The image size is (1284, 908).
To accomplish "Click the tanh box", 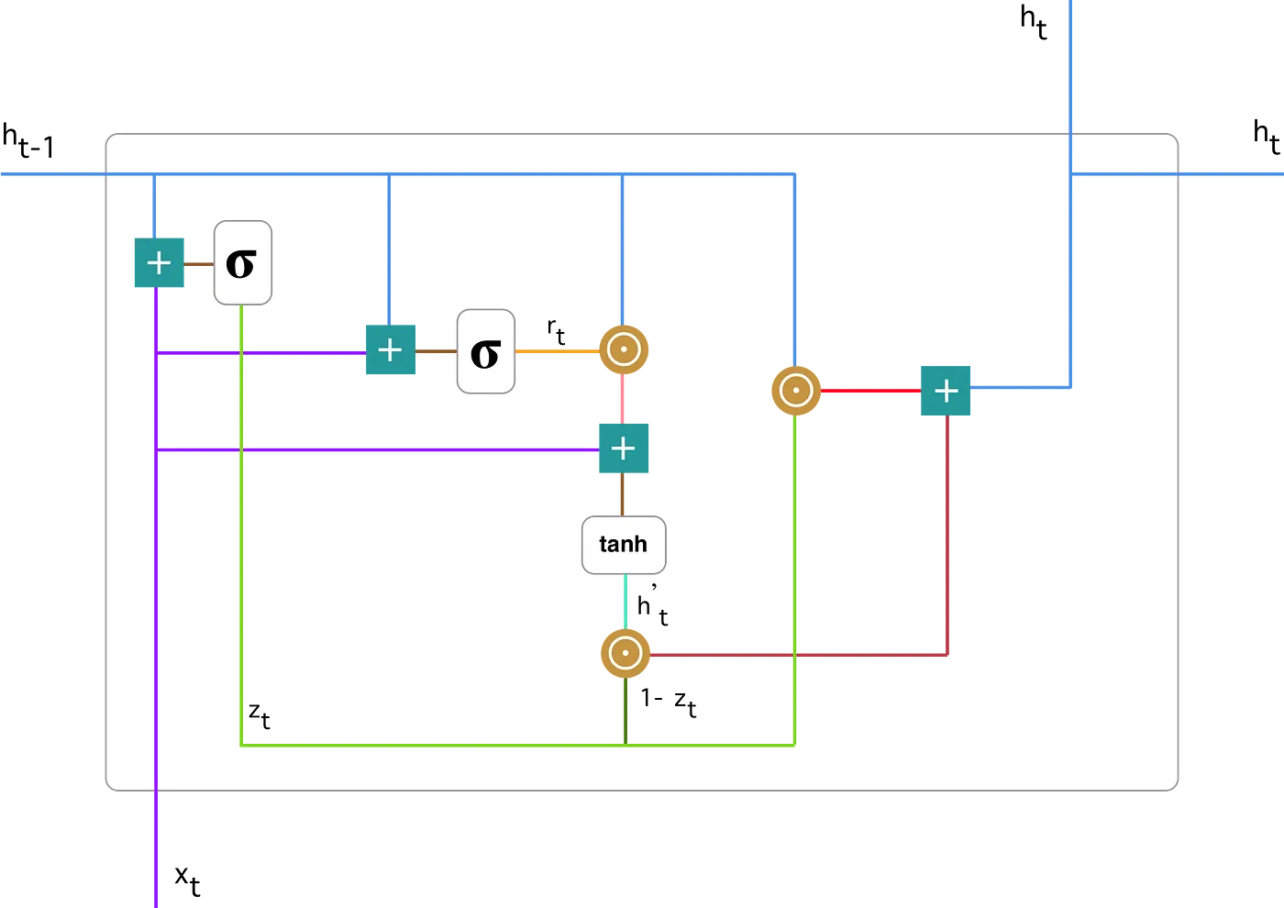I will coord(624,545).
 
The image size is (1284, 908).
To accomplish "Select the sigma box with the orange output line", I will coord(486,351).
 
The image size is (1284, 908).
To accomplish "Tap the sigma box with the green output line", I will coord(243,262).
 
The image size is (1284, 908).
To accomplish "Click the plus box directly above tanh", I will coord(624,448).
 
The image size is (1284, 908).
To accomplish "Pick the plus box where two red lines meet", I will coord(946,391).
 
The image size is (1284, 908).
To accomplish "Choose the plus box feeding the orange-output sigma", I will coord(391,350).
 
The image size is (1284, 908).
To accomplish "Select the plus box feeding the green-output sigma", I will coord(160,263).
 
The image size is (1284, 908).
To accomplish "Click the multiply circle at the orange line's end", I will coord(624,350).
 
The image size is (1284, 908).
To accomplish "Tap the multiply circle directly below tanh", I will coord(625,654).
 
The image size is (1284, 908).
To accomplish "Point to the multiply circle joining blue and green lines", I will coord(795,391).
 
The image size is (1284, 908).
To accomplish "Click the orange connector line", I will coord(557,350).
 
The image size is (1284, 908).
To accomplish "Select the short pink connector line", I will coord(624,399).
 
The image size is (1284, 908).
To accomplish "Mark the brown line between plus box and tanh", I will coord(624,494).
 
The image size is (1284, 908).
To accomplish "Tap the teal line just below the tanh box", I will coord(625,602).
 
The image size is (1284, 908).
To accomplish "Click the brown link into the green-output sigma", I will coord(199,263).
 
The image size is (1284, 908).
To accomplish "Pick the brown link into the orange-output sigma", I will coord(436,350).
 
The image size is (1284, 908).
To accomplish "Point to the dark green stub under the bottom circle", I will coord(625,712).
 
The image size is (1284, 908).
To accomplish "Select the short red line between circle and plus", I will coord(870,391).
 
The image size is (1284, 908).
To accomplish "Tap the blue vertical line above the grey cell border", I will coord(1070,64).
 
